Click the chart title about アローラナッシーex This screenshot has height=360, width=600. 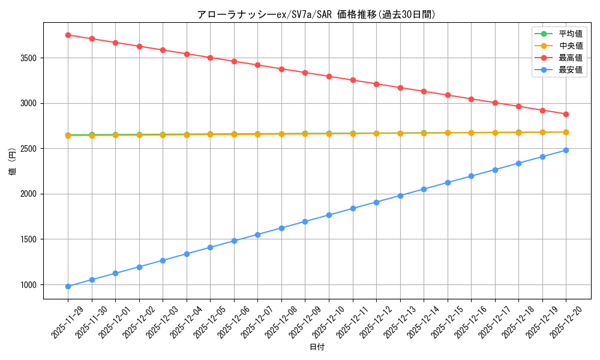pyautogui.click(x=316, y=14)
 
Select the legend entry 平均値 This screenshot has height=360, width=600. pyautogui.click(x=570, y=34)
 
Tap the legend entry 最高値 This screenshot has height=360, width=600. pyautogui.click(x=570, y=58)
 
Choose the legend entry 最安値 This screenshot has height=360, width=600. pyautogui.click(x=570, y=70)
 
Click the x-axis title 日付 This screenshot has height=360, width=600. pyautogui.click(x=317, y=347)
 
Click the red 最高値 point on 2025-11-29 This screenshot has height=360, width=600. pyautogui.click(x=68, y=35)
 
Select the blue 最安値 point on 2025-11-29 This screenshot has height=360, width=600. pyautogui.click(x=68, y=286)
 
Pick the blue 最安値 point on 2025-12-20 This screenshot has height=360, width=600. pyautogui.click(x=566, y=150)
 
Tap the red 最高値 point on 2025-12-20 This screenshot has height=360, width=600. pyautogui.click(x=566, y=114)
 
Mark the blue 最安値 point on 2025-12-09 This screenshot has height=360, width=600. pyautogui.click(x=305, y=221)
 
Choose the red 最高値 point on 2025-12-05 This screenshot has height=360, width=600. pyautogui.click(x=210, y=58)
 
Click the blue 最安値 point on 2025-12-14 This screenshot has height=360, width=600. pyautogui.click(x=424, y=189)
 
